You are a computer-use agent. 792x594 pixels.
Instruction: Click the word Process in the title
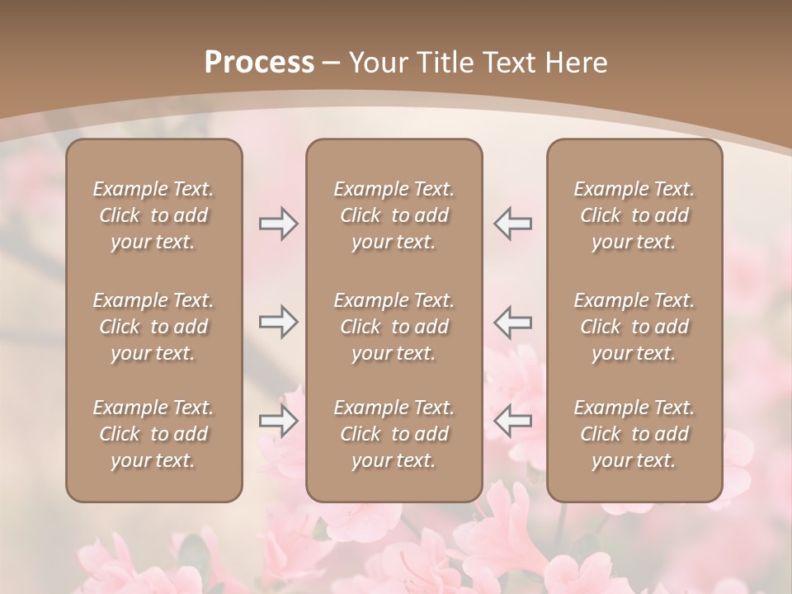(259, 62)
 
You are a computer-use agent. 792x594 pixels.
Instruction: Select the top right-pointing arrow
(278, 224)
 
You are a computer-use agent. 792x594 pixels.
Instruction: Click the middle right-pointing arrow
(278, 322)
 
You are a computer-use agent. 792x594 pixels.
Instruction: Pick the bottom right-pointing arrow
(278, 421)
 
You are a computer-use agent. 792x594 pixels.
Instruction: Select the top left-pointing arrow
(512, 224)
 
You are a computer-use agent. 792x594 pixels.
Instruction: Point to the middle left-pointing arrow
(512, 322)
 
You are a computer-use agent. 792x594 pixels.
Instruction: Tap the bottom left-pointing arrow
(512, 421)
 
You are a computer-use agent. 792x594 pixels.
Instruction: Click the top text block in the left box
(153, 215)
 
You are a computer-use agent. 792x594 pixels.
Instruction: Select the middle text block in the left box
(153, 327)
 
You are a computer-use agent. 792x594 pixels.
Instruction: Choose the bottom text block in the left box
(153, 434)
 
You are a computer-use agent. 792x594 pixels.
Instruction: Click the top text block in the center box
(394, 215)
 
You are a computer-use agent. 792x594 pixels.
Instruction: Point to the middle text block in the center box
(394, 327)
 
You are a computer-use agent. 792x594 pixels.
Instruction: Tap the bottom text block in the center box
(394, 434)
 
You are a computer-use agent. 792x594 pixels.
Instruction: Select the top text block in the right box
(634, 215)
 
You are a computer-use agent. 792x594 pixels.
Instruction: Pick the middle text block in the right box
(634, 327)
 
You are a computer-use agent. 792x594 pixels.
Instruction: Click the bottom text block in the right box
(634, 434)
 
